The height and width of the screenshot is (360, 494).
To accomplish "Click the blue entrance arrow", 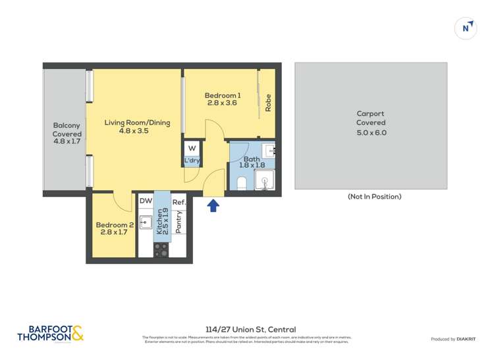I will point(213,206).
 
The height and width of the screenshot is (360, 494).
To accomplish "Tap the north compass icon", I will point(466,28).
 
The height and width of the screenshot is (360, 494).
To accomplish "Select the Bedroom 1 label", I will point(222,99).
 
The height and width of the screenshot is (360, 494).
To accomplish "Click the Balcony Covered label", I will point(67,134).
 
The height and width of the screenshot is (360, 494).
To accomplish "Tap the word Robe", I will point(268,103).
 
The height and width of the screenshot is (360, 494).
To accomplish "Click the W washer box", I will point(192,149).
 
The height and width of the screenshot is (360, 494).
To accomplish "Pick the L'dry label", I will point(192,161).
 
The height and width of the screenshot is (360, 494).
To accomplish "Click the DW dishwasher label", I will point(146,201).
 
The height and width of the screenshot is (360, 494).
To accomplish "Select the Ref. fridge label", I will point(179,203).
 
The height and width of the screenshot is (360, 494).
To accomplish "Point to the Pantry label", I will point(178,222).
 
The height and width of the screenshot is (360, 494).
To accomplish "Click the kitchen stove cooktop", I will point(161,249).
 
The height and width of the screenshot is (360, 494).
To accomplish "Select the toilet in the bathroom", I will point(241,182).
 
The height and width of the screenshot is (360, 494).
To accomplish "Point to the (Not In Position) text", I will point(374,197).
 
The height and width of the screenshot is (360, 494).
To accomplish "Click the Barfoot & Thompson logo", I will point(51,334).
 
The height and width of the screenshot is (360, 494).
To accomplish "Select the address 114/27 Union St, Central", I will point(250,330).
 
